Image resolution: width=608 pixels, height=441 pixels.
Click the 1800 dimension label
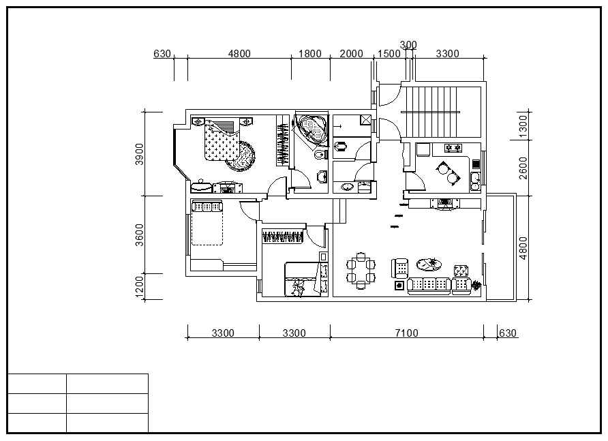pos(310,54)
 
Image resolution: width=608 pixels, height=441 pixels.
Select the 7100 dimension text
pos(406,333)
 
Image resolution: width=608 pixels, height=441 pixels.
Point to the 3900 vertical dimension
pos(139,154)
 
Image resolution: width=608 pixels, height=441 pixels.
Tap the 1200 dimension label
pos(139,287)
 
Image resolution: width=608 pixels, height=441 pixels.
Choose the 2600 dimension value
pos(523,168)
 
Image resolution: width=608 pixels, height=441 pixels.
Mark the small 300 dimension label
pos(408,45)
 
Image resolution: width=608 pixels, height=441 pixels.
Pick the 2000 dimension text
pos(351,54)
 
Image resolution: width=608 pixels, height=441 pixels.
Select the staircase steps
pos(429,112)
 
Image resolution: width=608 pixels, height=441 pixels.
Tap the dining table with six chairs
pos(361,271)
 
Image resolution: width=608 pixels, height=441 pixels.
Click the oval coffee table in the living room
pos(429,264)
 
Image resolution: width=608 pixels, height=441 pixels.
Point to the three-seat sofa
pos(429,286)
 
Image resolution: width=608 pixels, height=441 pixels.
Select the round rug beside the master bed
pos(241,156)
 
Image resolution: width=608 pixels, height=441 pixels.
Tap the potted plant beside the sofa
pos(476,286)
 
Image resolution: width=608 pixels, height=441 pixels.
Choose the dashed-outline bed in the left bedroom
pos(207,223)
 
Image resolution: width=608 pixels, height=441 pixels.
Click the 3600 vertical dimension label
pos(139,234)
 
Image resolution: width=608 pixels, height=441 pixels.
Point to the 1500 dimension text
pos(389,54)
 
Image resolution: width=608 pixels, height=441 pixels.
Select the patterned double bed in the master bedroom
pos(221,140)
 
